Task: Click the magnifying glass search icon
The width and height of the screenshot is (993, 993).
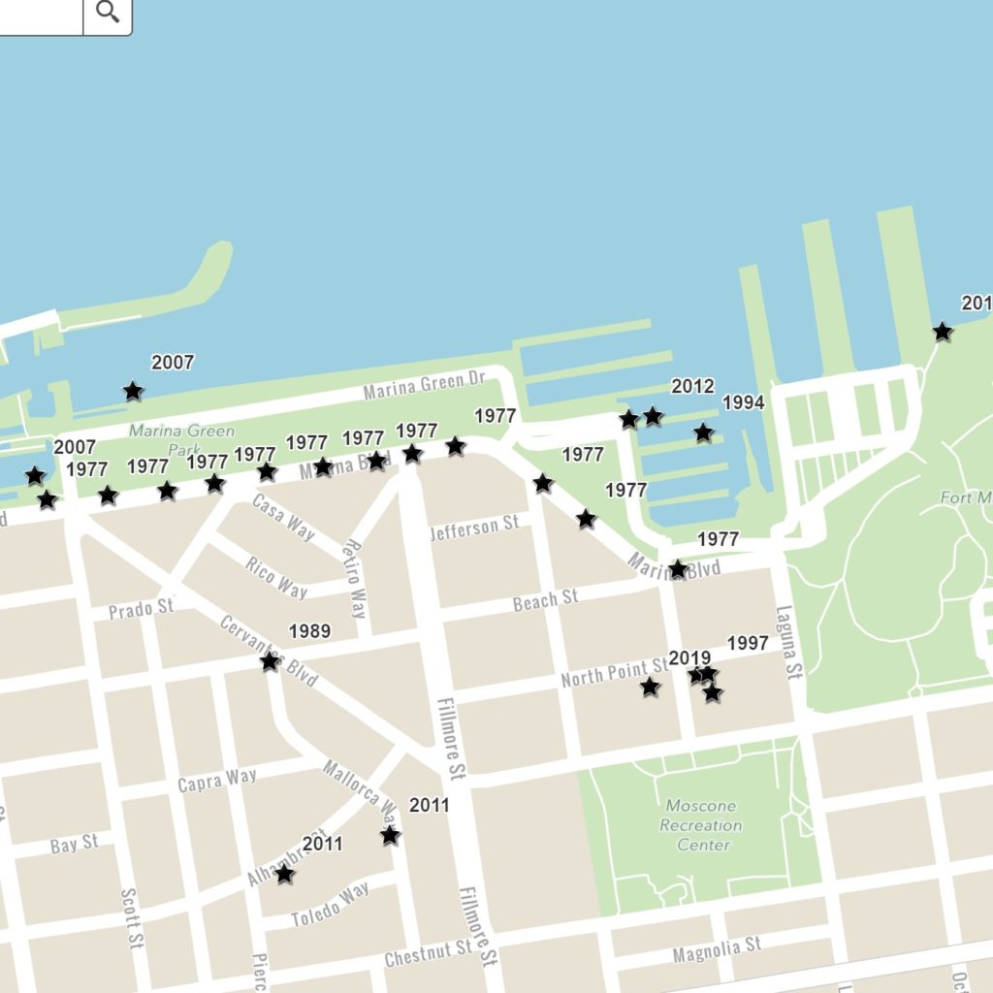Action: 108,13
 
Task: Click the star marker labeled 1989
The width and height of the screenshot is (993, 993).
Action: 270,661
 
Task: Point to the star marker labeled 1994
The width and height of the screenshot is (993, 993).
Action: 703,432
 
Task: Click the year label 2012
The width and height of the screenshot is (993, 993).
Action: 692,387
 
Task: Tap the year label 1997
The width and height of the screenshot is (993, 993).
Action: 747,643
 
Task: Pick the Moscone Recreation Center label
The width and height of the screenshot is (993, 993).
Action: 700,825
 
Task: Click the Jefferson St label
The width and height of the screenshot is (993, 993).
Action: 474,528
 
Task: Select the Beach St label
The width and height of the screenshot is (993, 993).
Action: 545,600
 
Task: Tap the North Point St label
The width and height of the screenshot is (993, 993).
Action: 614,674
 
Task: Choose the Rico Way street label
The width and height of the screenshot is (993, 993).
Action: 276,578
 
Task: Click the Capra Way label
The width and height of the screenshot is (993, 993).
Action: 217,780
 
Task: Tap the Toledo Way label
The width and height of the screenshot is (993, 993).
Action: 331,904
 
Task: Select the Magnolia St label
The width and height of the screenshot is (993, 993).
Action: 717,950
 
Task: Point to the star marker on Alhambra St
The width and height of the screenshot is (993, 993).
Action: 284,874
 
